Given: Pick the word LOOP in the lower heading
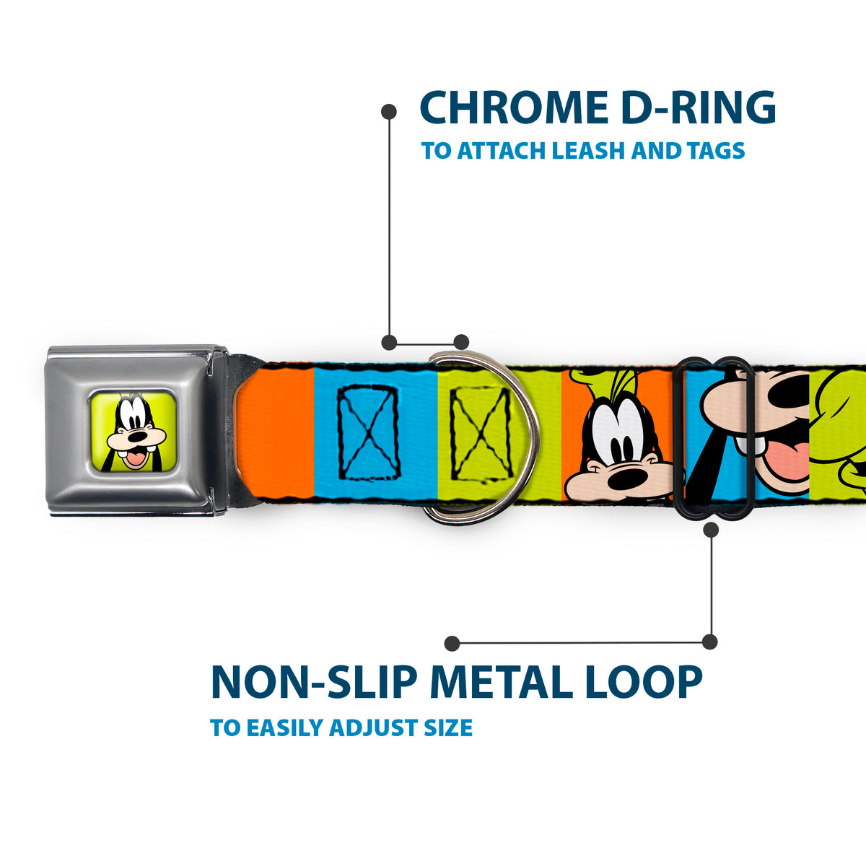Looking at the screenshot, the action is click(640, 682).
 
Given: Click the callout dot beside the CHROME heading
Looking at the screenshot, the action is click(389, 111).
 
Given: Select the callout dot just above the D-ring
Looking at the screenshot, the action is click(461, 342).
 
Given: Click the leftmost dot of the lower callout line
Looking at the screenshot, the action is click(452, 643).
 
